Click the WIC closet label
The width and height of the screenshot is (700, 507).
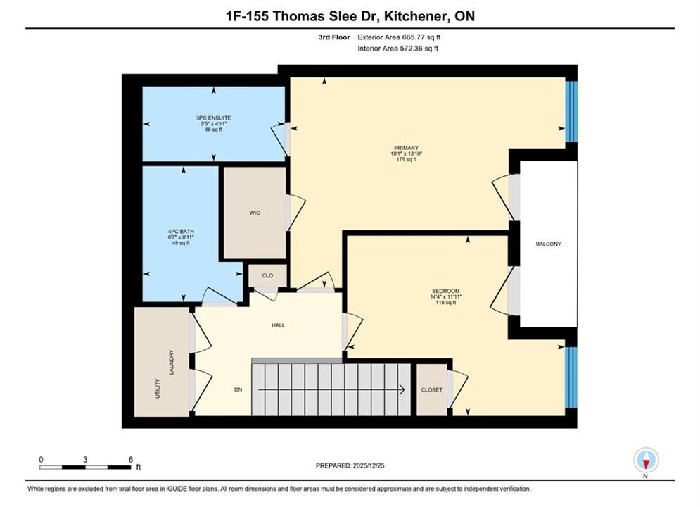(x=255, y=213)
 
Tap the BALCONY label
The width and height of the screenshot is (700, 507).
(x=548, y=244)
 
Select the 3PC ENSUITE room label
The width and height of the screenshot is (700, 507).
(x=213, y=118)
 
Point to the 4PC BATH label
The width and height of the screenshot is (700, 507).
(x=181, y=232)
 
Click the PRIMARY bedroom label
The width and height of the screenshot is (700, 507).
(x=406, y=148)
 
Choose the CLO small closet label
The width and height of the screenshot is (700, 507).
(x=267, y=275)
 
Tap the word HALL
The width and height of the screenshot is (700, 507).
(x=278, y=325)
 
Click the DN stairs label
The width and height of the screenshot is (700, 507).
(x=238, y=389)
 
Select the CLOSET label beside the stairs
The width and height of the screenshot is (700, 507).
(x=432, y=390)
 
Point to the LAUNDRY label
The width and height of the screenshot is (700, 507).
(x=172, y=362)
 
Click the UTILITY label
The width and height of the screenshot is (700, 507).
(x=157, y=388)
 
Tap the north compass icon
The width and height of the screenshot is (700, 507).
(x=646, y=460)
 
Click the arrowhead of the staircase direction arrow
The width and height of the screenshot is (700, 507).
(x=402, y=390)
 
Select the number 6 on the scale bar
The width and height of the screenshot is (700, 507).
(x=131, y=459)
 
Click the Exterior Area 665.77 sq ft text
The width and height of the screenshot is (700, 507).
(x=399, y=37)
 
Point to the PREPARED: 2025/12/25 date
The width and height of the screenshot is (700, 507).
(x=350, y=465)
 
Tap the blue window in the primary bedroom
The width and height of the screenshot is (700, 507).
(x=571, y=111)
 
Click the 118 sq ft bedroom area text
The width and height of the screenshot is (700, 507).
(x=445, y=302)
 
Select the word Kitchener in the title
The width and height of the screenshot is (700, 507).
(x=416, y=16)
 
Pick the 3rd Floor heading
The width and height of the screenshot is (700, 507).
(x=334, y=37)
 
